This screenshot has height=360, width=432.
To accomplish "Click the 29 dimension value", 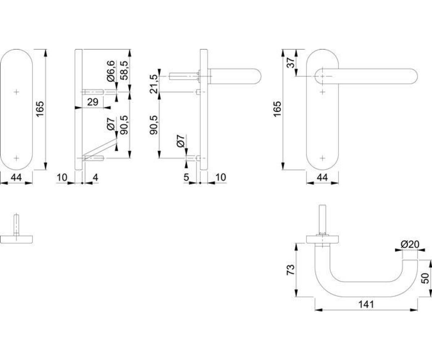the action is pos(93,102).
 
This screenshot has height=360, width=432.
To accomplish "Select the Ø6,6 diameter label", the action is pos(111,71).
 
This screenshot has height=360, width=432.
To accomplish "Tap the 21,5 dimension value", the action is pos(154,84).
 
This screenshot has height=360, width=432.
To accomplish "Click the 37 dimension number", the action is pos(291,63).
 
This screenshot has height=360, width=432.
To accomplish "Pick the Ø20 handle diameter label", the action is pos(410,244).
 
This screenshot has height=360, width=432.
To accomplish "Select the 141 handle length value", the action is pos(366,304).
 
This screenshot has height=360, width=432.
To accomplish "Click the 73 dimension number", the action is pos(290,270).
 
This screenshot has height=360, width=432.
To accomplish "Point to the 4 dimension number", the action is pos(95,177).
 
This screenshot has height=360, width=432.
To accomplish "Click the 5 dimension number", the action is pos(186,177).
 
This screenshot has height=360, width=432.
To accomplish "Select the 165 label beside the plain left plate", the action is pos(40,109).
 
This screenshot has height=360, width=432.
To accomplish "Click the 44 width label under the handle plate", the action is pos(322,177).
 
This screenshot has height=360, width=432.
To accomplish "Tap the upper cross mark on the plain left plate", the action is pos(16,92).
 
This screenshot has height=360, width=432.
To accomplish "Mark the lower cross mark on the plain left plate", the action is pos(16,158).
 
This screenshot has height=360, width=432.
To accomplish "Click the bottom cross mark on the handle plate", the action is pos(322,158).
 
